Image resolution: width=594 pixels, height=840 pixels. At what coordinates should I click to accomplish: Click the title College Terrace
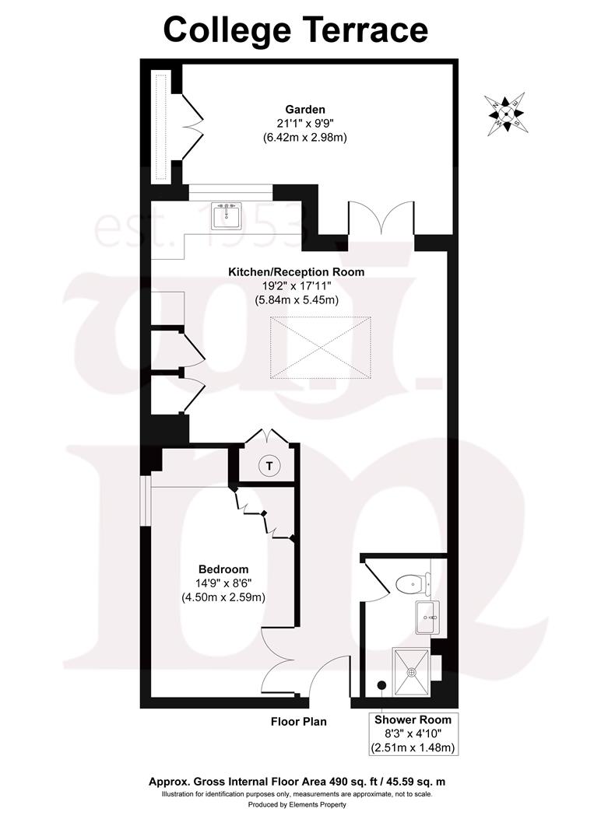pyautogui.click(x=296, y=30)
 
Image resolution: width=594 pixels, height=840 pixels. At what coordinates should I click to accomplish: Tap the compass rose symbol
pyautogui.click(x=505, y=114)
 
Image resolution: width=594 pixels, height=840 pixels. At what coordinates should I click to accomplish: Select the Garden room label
pyautogui.click(x=304, y=110)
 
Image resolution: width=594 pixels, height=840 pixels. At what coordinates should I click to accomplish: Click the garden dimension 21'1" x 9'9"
pyautogui.click(x=304, y=124)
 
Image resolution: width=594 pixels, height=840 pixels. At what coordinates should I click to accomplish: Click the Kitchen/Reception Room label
pyautogui.click(x=296, y=272)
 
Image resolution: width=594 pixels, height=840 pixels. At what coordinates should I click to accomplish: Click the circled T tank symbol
pyautogui.click(x=269, y=466)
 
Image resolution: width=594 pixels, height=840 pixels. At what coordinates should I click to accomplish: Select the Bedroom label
pyautogui.click(x=223, y=569)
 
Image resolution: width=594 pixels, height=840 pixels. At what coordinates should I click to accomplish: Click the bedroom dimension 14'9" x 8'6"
pyautogui.click(x=223, y=583)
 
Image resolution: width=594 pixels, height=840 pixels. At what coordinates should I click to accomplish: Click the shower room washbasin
pyautogui.click(x=427, y=618)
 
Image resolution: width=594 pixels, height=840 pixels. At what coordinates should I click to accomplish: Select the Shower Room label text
pyautogui.click(x=412, y=719)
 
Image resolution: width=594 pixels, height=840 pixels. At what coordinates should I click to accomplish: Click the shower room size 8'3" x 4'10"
pyautogui.click(x=412, y=733)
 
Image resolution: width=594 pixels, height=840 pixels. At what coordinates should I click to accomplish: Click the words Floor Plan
pyautogui.click(x=298, y=722)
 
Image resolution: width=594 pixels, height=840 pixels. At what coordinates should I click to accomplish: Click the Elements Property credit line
pyautogui.click(x=297, y=804)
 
